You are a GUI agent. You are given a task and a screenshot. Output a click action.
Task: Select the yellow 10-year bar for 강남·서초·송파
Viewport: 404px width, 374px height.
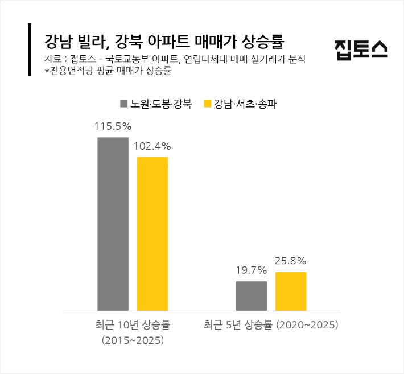pos(152,233)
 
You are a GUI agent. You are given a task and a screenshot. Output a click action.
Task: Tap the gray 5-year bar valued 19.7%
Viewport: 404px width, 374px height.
pos(252,295)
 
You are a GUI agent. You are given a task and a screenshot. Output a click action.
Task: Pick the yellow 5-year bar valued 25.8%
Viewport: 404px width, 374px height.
pos(291,291)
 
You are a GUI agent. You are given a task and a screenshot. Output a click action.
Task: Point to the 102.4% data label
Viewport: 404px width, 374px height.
pos(152,146)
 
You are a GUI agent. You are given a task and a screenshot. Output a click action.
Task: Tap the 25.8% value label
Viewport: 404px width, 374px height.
pos(291,261)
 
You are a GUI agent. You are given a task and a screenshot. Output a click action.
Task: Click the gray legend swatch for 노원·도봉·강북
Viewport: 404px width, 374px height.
pos(123,104)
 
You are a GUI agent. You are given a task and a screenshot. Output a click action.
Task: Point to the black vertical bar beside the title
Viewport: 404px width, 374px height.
pos(30,50)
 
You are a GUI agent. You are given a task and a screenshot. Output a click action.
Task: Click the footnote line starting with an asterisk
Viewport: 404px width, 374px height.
pos(108,71)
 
